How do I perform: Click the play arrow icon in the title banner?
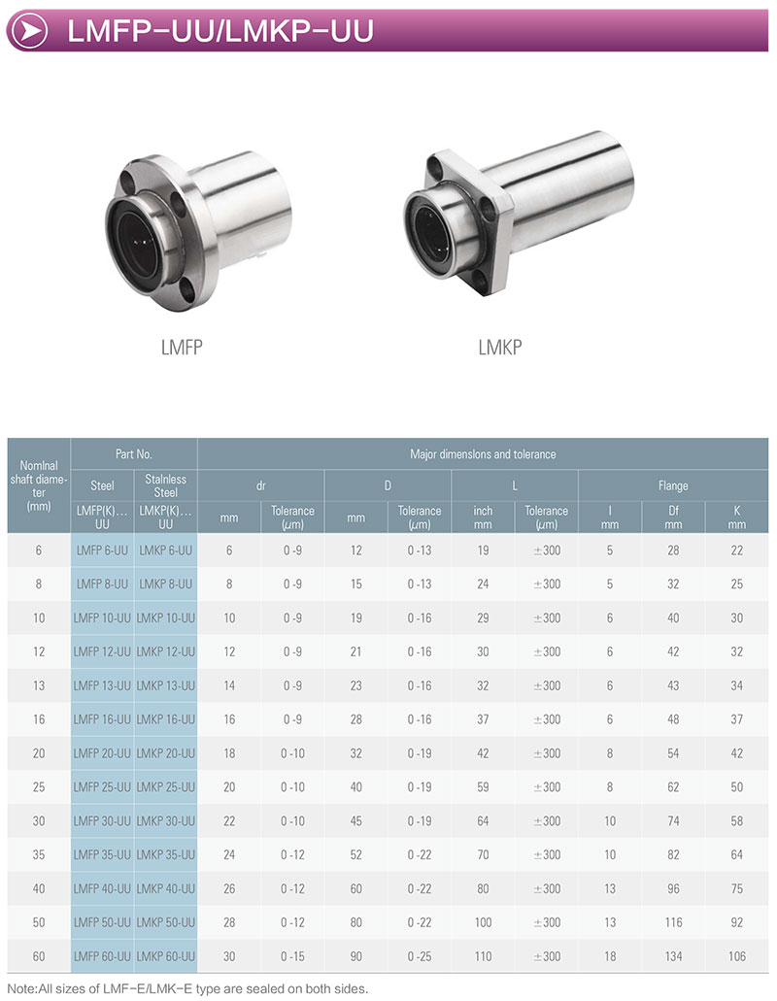point(29,31)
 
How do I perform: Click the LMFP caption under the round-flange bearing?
point(182,348)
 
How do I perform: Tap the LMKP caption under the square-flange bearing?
point(500,348)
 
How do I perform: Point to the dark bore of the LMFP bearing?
point(137,237)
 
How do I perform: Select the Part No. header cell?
point(133,454)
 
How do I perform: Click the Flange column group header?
point(673,485)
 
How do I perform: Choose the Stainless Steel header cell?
point(165,485)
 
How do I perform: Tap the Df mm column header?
point(673,517)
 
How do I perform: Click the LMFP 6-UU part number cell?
point(102,551)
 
